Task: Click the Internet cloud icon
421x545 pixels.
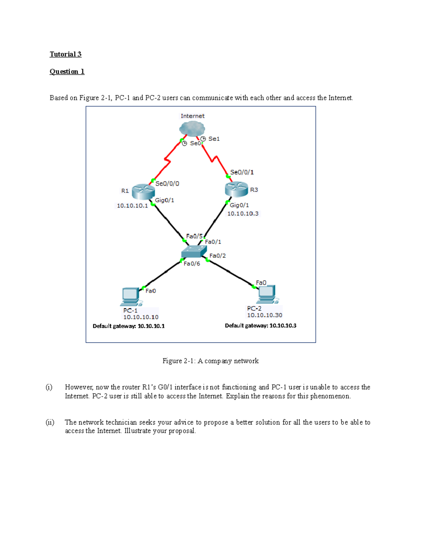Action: pyautogui.click(x=192, y=129)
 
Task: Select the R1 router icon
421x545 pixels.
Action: pyautogui.click(x=143, y=191)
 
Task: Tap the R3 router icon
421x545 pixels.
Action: pyautogui.click(x=236, y=189)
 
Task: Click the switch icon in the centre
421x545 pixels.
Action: pyautogui.click(x=194, y=251)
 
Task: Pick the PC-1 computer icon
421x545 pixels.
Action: pyautogui.click(x=131, y=297)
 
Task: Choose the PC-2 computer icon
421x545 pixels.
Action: pyautogui.click(x=267, y=294)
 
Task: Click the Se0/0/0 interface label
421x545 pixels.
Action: pyautogui.click(x=167, y=184)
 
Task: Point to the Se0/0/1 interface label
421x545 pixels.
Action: pyautogui.click(x=242, y=172)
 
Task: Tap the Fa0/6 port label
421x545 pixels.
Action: pyautogui.click(x=192, y=264)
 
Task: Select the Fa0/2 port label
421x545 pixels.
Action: pyautogui.click(x=218, y=256)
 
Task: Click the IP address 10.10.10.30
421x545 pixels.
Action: pyautogui.click(x=265, y=315)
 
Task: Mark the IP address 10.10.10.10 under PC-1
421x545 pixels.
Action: pyautogui.click(x=141, y=317)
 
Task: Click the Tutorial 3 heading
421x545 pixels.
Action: pyautogui.click(x=66, y=54)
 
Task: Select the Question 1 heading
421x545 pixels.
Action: pyautogui.click(x=67, y=72)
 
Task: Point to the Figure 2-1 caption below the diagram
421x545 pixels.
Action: pyautogui.click(x=210, y=361)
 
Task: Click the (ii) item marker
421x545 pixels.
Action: pyautogui.click(x=50, y=422)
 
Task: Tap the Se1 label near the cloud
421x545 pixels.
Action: pyautogui.click(x=214, y=139)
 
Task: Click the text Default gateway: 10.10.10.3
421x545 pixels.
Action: pyautogui.click(x=260, y=326)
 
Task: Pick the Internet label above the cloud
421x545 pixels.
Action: pyautogui.click(x=192, y=116)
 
